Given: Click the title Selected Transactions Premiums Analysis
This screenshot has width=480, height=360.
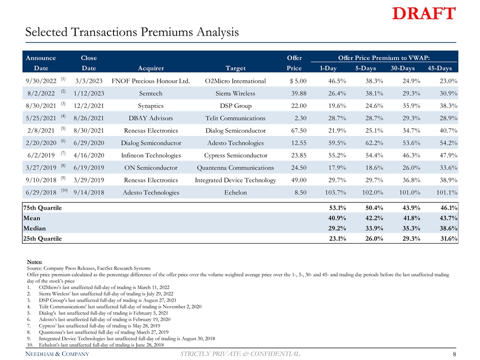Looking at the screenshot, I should click(x=132, y=33).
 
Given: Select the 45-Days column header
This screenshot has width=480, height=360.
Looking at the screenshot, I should click(x=437, y=68).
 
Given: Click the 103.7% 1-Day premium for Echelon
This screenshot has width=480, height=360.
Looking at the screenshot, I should click(x=338, y=192).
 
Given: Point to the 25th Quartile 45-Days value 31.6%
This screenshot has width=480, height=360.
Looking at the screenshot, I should click(x=446, y=238).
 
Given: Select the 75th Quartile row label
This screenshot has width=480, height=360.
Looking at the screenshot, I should click(x=42, y=208).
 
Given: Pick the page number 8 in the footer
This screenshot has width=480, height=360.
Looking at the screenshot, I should click(x=453, y=354).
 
